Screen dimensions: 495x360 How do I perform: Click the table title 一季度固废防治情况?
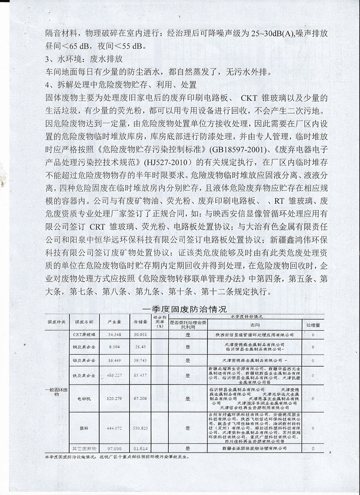click(185, 309)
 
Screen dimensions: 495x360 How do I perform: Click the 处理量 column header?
click(313, 325)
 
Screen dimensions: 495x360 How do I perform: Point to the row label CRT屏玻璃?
click(84, 334)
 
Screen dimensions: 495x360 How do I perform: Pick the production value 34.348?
click(115, 334)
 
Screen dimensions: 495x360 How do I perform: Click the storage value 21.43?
click(140, 347)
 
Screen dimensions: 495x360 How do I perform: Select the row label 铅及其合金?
click(84, 360)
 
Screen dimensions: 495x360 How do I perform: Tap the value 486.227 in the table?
click(115, 375)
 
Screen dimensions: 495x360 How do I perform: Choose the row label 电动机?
click(84, 398)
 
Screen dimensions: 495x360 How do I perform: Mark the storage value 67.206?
click(140, 398)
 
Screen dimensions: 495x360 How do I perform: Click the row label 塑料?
click(84, 428)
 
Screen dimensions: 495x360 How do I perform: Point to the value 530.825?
click(140, 428)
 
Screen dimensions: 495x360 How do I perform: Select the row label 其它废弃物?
click(84, 448)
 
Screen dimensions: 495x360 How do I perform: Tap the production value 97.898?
click(115, 448)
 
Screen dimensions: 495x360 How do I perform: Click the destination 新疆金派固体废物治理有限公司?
click(254, 448)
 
